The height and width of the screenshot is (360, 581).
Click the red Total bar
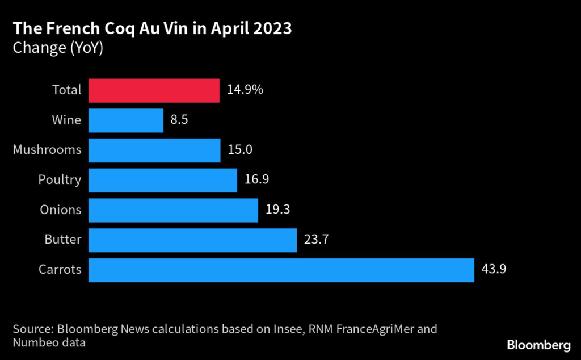pyautogui.click(x=154, y=90)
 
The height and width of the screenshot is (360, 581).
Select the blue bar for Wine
pyautogui.click(x=126, y=120)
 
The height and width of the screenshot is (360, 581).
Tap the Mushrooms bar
pyautogui.click(x=154, y=150)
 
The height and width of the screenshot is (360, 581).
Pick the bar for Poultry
pyautogui.click(x=163, y=180)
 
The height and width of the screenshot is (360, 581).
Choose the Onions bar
pyautogui.click(x=173, y=210)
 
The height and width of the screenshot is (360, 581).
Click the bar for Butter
pyautogui.click(x=192, y=240)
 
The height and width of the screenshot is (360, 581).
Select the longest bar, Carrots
pyautogui.click(x=281, y=270)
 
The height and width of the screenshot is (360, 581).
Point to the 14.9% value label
pyautogui.click(x=245, y=90)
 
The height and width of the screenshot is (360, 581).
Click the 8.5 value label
pyautogui.click(x=180, y=120)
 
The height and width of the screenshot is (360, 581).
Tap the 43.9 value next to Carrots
pyautogui.click(x=494, y=270)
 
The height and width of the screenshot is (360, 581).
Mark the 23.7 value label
pyautogui.click(x=317, y=240)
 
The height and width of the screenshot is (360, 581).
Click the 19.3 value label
pyautogui.click(x=278, y=210)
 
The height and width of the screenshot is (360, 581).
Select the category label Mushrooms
pyautogui.click(x=47, y=150)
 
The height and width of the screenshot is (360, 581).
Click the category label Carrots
pyautogui.click(x=60, y=270)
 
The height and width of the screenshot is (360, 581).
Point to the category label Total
pyautogui.click(x=67, y=90)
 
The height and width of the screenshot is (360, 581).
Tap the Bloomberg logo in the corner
pyautogui.click(x=538, y=345)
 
